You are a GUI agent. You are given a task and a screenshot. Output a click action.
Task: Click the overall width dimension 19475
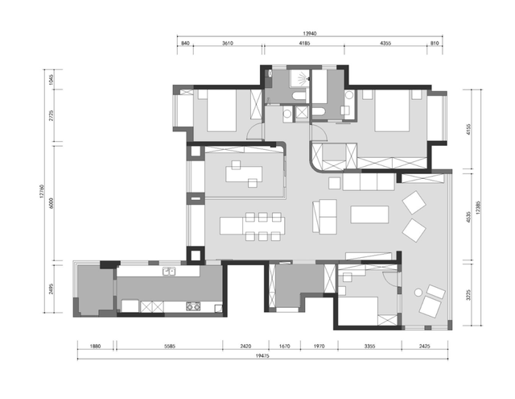[262, 355]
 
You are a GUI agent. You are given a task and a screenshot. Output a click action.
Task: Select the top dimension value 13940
[309, 34]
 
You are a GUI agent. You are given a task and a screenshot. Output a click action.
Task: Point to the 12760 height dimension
[42, 191]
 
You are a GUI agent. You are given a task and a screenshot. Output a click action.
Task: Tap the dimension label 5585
[170, 346]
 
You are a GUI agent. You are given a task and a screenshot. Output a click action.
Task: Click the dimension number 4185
[304, 43]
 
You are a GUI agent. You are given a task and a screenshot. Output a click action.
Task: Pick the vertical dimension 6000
[51, 203]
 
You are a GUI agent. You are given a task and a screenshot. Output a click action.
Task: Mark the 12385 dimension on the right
[478, 207]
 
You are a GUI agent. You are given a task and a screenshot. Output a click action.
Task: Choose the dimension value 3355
[369, 346]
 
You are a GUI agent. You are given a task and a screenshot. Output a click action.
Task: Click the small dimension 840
[185, 43]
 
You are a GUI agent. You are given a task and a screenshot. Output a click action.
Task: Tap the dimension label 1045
[51, 80]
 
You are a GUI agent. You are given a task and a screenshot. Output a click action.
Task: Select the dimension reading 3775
[468, 294]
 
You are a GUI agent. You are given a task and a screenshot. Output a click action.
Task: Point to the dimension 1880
[95, 346]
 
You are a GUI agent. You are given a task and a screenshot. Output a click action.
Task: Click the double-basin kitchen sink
[169, 272]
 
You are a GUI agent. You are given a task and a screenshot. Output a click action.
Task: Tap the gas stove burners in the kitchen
[193, 306]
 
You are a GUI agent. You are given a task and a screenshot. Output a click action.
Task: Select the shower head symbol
[303, 79]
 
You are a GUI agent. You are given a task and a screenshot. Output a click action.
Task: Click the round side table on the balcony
[418, 292]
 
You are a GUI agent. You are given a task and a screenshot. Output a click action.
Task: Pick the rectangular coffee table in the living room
[369, 214]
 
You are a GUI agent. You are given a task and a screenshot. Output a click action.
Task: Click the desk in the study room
[244, 174]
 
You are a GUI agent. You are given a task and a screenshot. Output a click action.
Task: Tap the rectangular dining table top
[252, 226]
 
